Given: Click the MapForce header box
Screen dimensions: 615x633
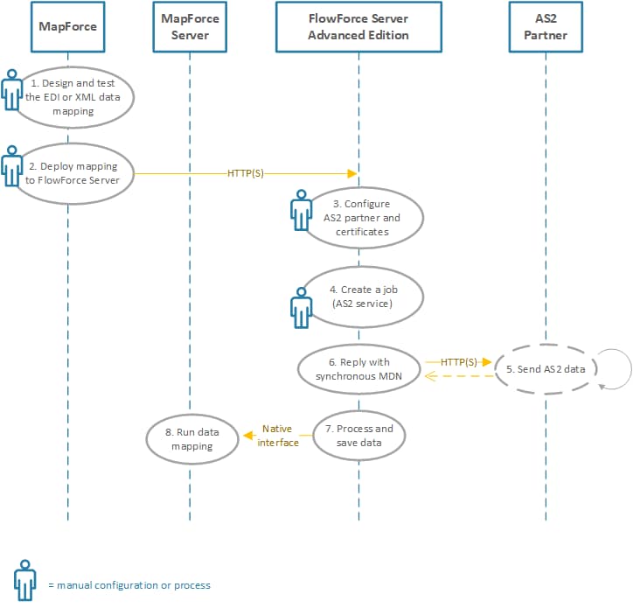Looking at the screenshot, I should (67, 26).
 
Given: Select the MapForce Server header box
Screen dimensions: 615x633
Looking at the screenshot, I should (190, 26).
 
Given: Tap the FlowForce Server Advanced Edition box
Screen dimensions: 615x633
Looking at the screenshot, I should (358, 26).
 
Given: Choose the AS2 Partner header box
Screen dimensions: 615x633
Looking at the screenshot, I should (546, 26).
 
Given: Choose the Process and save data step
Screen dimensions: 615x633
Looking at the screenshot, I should (358, 435).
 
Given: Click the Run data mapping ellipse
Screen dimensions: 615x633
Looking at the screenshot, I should (191, 439).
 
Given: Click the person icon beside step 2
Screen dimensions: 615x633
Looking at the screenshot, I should (11, 167).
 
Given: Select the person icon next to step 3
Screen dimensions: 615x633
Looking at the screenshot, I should (301, 213).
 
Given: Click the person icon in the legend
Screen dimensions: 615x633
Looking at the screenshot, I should (24, 580).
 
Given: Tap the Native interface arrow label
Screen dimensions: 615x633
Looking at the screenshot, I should (278, 436).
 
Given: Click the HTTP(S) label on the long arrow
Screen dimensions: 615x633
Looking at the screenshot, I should (245, 173).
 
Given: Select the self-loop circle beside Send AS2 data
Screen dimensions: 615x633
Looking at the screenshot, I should (615, 368).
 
